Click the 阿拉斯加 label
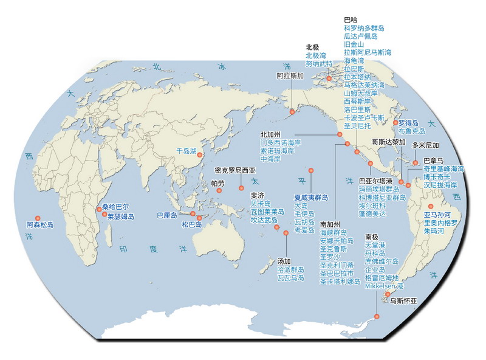coord(290,77)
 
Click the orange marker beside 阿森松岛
coord(38,218)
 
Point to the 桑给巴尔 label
coord(116,207)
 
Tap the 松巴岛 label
coord(192,224)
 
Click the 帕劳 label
coord(217,182)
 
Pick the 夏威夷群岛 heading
coord(311,198)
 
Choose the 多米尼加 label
coord(425,146)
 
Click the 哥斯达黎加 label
coord(388,141)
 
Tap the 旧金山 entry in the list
coord(354,44)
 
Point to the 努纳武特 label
coord(319,63)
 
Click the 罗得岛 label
coord(409,122)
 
